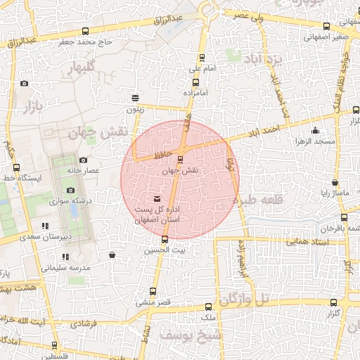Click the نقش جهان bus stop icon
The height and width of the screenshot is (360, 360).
181,158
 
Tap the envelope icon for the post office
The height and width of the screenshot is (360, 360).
155,200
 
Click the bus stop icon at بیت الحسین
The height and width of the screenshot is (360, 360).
165,240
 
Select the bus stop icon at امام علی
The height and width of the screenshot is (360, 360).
202,58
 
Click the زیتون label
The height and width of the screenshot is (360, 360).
135,109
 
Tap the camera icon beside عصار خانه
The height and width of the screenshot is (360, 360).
83,160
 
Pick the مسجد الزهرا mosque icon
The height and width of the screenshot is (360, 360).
315,130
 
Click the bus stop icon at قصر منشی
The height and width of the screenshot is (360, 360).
153,291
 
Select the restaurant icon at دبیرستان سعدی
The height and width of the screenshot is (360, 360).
46,226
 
